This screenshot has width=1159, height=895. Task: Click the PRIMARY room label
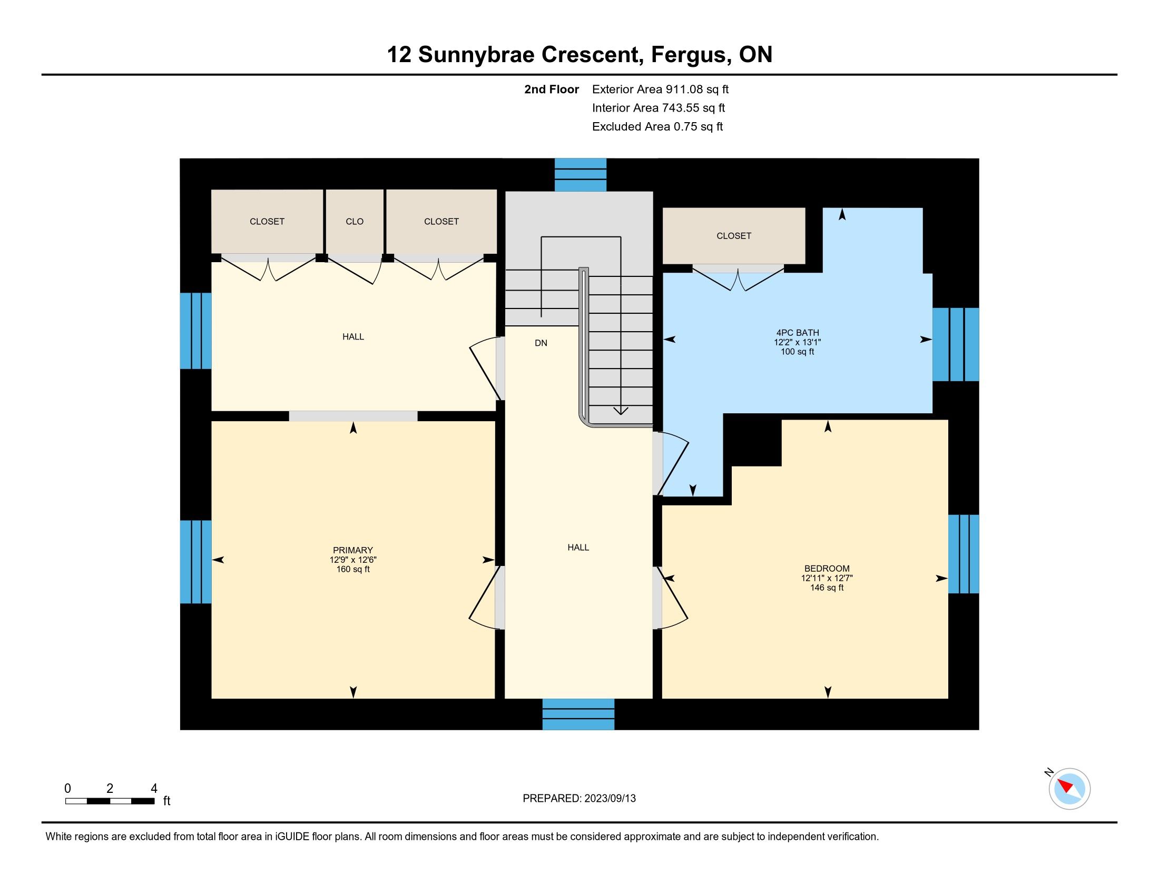[353, 550]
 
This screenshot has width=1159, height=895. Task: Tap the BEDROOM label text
[827, 569]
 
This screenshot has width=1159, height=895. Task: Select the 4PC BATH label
[798, 333]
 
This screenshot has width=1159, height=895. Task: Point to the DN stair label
[541, 343]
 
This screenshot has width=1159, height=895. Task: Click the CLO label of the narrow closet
[355, 222]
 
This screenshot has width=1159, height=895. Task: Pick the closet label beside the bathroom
[734, 236]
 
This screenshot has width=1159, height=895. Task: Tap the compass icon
[1069, 789]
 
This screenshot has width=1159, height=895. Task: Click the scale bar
[110, 801]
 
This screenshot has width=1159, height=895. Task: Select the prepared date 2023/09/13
[610, 798]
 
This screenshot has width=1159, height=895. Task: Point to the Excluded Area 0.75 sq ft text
[657, 127]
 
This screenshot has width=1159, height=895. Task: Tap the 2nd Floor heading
[552, 89]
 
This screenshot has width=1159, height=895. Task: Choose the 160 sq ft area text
[353, 570]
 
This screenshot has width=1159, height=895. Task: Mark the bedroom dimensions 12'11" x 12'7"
[827, 578]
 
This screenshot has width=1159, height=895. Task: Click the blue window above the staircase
[581, 174]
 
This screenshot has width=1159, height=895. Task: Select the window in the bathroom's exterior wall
[956, 344]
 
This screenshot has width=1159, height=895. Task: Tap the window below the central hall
[578, 714]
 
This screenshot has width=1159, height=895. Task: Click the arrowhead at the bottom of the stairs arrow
[621, 411]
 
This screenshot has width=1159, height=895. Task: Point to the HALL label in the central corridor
[578, 548]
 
